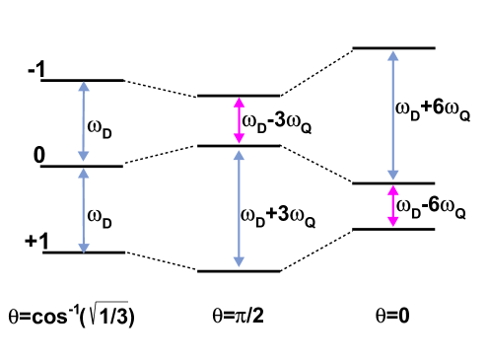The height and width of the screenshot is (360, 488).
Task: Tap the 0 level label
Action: tap(37, 155)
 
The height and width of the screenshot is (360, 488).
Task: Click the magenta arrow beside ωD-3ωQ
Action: tap(237, 121)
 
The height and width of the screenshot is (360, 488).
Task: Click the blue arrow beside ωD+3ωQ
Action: tap(237, 208)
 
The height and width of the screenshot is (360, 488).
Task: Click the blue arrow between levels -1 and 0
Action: tap(82, 122)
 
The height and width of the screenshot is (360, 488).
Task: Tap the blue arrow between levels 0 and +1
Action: tap(82, 209)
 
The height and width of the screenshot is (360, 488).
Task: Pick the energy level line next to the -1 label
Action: tap(82, 80)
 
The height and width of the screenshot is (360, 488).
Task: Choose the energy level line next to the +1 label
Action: tap(82, 252)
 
